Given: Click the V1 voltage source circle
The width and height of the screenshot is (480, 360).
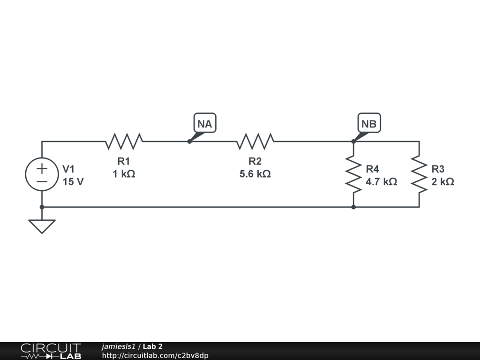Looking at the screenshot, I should (x=42, y=174).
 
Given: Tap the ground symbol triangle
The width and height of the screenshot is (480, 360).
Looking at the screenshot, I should (x=42, y=225).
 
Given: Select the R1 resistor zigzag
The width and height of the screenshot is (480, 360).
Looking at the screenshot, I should (x=124, y=141).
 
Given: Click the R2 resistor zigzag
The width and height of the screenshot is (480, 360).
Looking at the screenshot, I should (x=255, y=141).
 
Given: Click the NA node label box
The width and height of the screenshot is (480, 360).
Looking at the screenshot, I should (x=205, y=124).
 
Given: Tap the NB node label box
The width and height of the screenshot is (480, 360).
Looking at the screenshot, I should (x=369, y=124).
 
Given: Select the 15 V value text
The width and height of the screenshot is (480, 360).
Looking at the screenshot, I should (x=74, y=182).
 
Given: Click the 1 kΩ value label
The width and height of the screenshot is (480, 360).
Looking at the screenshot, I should (x=124, y=174).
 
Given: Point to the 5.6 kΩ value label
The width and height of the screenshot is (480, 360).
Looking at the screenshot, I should (x=255, y=174).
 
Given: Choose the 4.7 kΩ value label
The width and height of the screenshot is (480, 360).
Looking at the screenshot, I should (x=381, y=182).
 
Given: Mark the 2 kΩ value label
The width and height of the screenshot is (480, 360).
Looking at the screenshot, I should (x=443, y=182).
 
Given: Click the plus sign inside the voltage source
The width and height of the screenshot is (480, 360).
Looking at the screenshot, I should (x=42, y=168).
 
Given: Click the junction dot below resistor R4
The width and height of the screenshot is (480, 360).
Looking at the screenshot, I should (x=353, y=207).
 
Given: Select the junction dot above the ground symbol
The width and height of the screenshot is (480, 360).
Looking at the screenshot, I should (x=42, y=207).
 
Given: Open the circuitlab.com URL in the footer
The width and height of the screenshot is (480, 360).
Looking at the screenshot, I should (x=155, y=355).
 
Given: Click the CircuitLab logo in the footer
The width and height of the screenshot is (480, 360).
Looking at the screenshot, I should (x=51, y=351).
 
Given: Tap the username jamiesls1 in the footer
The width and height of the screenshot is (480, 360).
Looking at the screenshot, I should (x=118, y=347).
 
